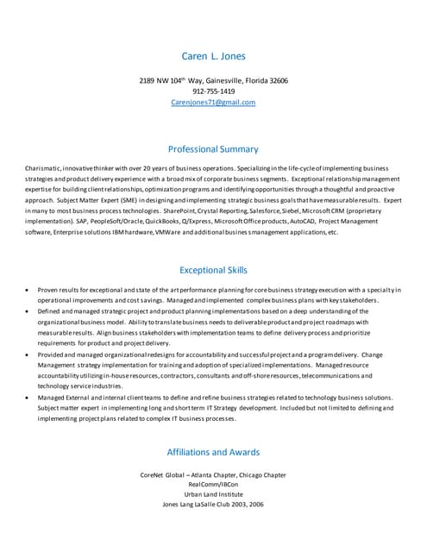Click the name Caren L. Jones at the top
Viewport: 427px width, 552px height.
coord(213,57)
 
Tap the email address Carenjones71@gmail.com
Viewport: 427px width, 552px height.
coord(213,102)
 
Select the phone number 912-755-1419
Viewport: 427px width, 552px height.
coord(213,91)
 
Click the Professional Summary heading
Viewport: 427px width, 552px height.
coord(213,148)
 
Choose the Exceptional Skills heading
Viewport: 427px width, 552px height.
coord(213,269)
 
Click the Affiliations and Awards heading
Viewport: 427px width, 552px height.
coord(213,451)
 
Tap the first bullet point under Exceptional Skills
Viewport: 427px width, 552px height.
coord(30,290)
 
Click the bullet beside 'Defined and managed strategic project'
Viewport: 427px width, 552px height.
coord(30,310)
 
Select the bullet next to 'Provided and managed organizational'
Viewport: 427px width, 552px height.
coord(30,354)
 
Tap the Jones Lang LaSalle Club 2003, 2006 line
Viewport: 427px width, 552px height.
coord(213,505)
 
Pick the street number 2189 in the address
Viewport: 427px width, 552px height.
coord(147,80)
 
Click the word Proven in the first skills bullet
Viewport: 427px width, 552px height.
coord(48,290)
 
